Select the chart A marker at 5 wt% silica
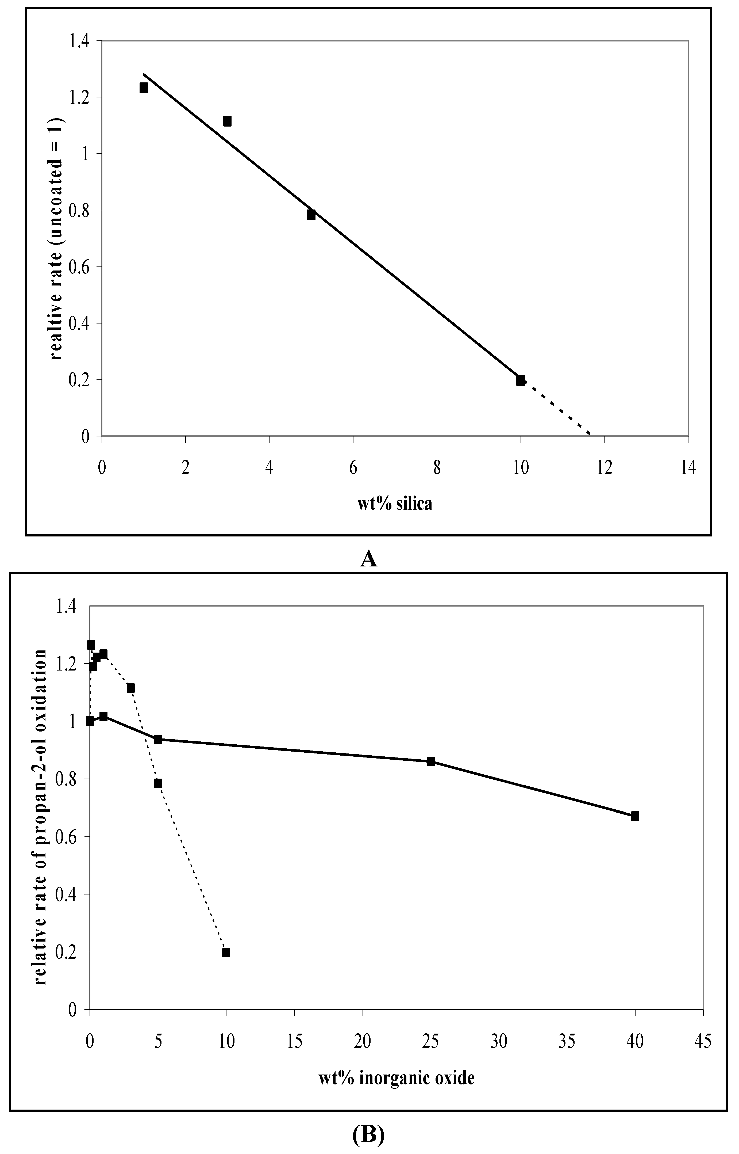tap(311, 215)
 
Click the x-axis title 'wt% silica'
tap(394, 504)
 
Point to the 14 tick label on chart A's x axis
tap(688, 468)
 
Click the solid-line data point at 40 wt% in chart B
tap(635, 816)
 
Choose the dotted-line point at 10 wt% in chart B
tap(226, 952)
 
